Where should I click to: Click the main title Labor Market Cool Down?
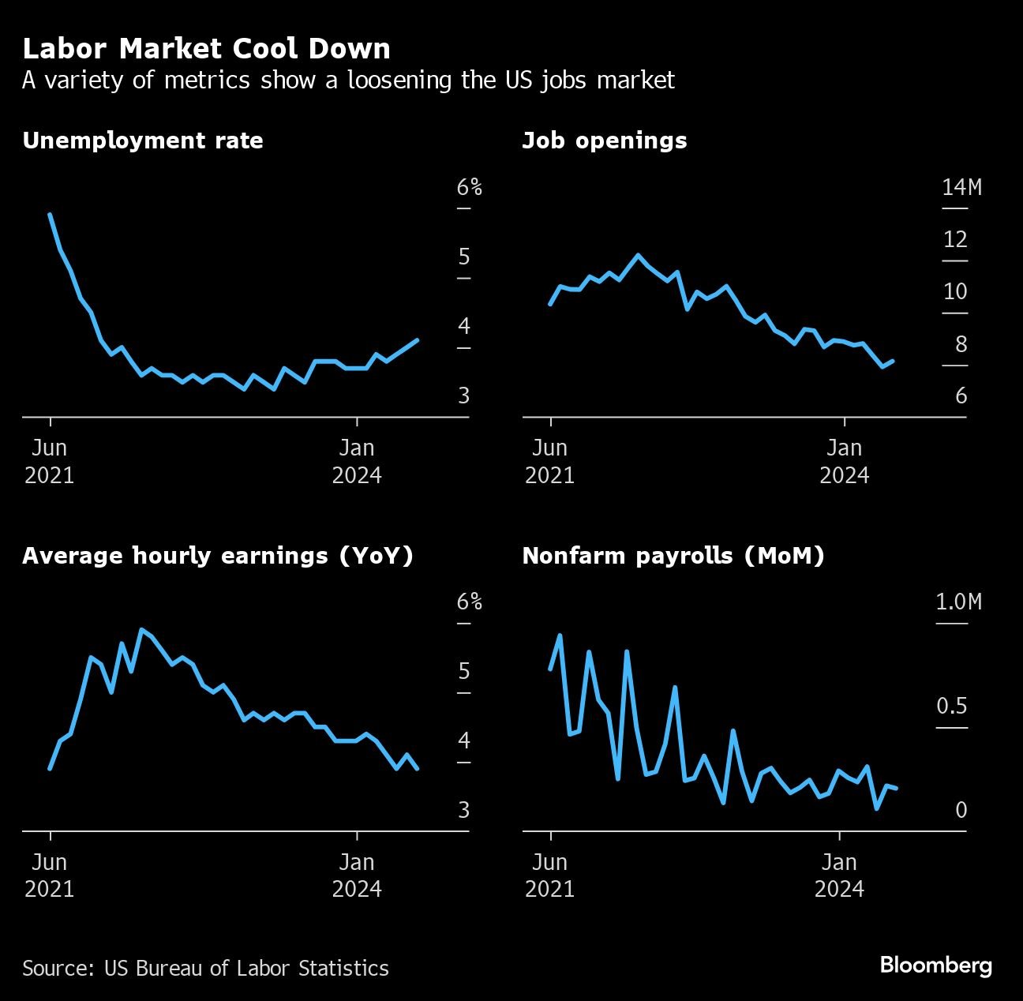click(206, 49)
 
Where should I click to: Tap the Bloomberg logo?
click(935, 965)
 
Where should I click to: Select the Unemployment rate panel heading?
click(143, 141)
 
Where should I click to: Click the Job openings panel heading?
click(604, 141)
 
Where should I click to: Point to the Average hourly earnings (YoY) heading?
click(218, 556)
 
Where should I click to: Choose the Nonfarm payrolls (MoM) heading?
click(673, 556)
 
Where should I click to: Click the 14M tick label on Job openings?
click(961, 188)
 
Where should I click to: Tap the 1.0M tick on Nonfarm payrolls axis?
click(958, 602)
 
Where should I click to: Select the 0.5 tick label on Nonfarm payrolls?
click(952, 706)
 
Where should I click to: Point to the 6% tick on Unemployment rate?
click(469, 188)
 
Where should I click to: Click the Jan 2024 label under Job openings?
click(844, 462)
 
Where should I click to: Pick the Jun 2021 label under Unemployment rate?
click(50, 462)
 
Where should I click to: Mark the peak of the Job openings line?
click(638, 255)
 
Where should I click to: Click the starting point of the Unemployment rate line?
click(50, 214)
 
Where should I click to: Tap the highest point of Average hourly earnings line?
click(141, 630)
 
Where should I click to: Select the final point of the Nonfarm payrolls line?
click(897, 788)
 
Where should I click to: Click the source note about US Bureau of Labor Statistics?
click(205, 969)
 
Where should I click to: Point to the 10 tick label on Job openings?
click(955, 292)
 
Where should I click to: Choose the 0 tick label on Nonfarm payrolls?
click(961, 810)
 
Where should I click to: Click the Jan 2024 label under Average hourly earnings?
click(357, 875)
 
